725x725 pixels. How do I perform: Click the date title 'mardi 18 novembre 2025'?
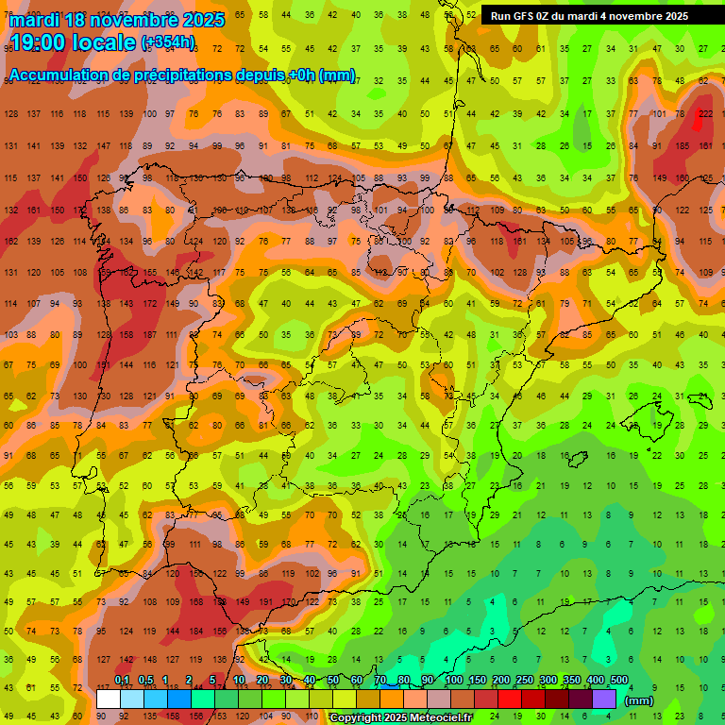pos(117,20)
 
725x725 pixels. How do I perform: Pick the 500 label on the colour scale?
pos(619,681)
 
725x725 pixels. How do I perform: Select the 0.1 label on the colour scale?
pos(122,681)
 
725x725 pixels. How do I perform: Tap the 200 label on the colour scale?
pos(500,681)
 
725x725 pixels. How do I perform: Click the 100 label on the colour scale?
pos(453,681)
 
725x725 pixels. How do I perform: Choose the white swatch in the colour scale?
pos(109,699)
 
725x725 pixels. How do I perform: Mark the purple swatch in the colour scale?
pos(604,699)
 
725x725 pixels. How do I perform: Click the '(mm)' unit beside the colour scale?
pos(640,700)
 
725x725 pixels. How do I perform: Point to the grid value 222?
pos(706,114)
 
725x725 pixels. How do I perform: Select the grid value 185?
pos(683,146)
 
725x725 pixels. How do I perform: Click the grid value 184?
pos(196,631)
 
